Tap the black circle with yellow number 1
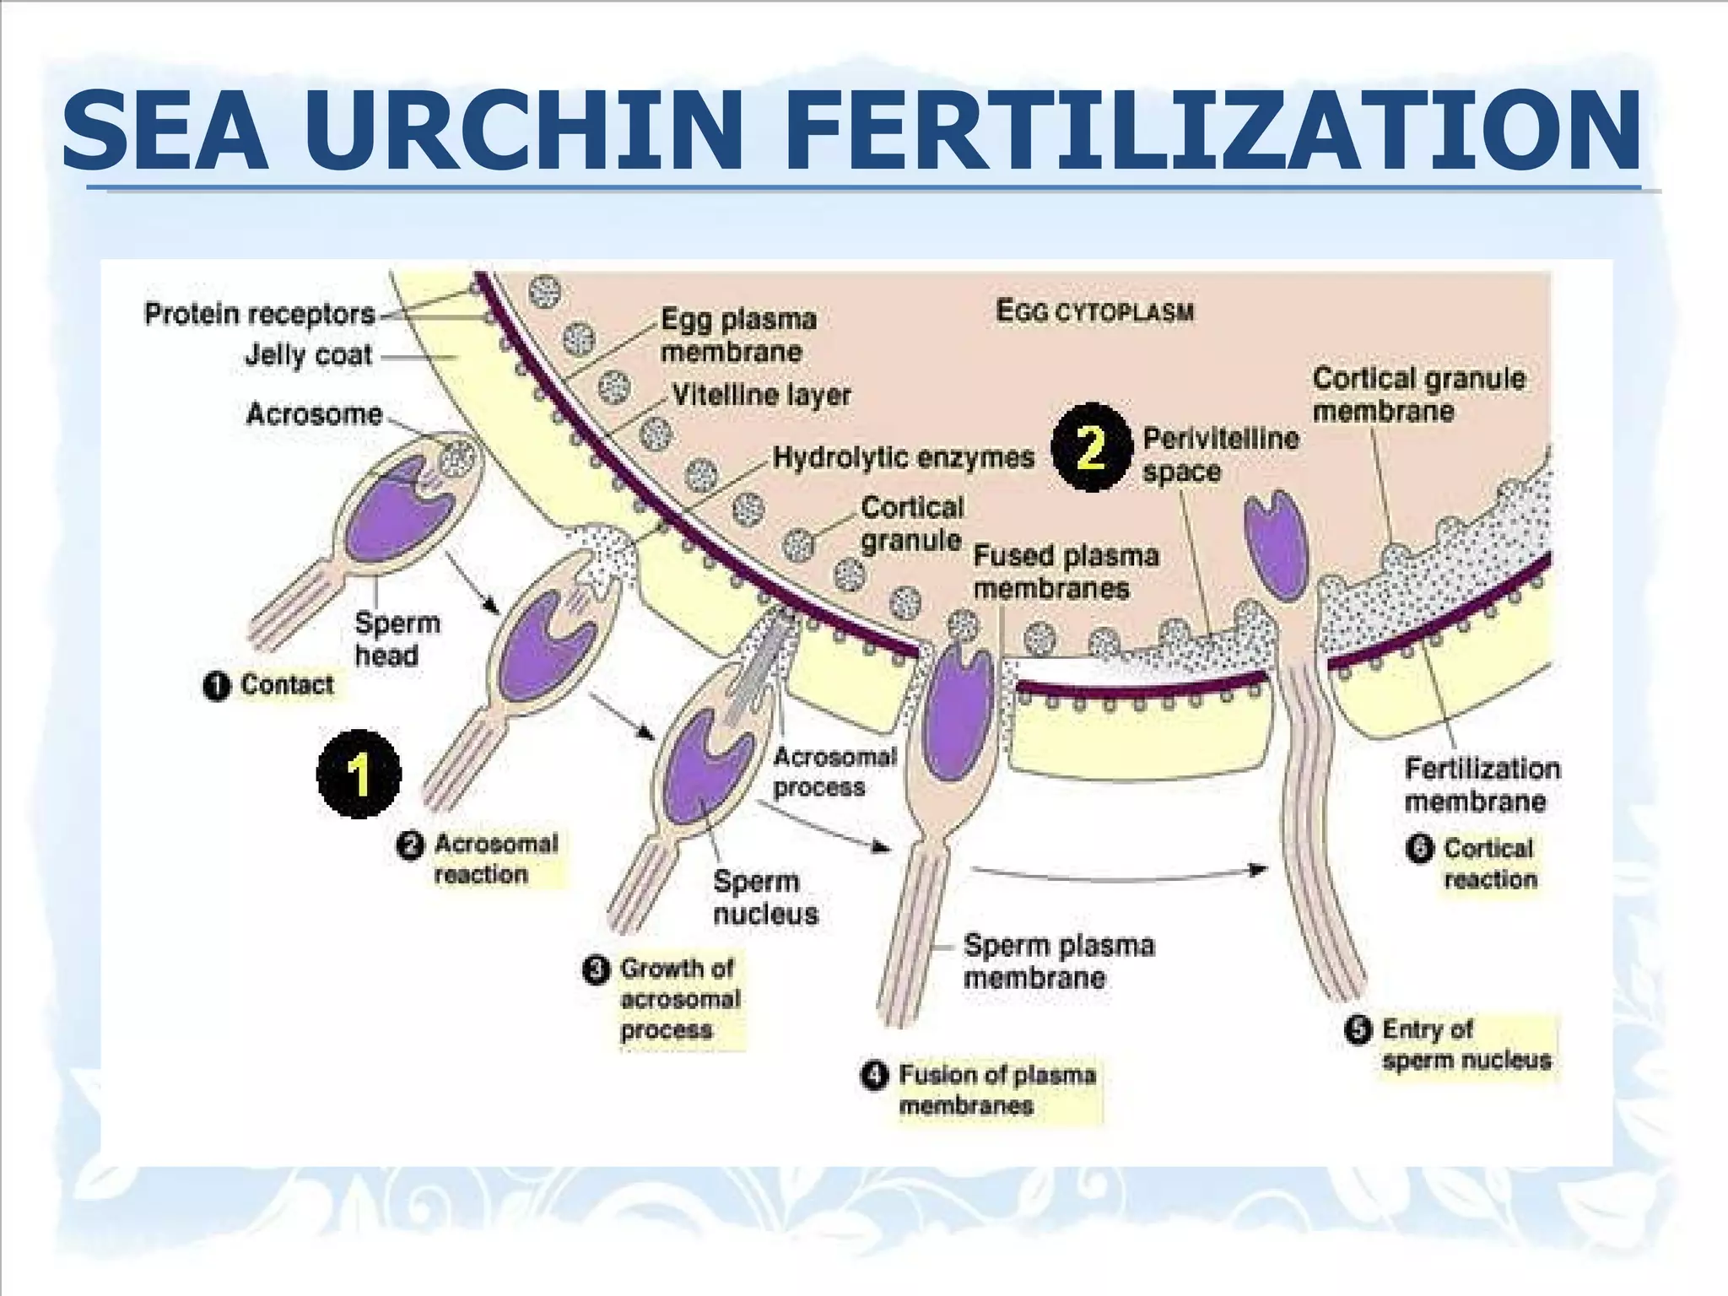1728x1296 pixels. (359, 774)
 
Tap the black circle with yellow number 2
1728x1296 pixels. (1090, 447)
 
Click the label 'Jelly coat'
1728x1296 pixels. (308, 355)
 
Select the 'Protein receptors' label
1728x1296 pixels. (259, 314)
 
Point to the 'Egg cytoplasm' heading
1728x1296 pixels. (1094, 311)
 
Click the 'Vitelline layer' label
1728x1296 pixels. (761, 395)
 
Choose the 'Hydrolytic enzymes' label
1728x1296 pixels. (903, 457)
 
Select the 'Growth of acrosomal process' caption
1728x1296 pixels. (678, 999)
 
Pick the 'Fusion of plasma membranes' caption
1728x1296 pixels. (996, 1090)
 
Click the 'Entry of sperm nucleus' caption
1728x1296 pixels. (1465, 1045)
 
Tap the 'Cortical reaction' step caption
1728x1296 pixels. (1488, 864)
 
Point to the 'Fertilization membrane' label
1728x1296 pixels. (1481, 785)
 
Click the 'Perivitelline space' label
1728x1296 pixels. (1219, 455)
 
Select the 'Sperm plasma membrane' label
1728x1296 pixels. (1058, 962)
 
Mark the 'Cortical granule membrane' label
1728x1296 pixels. (1417, 395)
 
